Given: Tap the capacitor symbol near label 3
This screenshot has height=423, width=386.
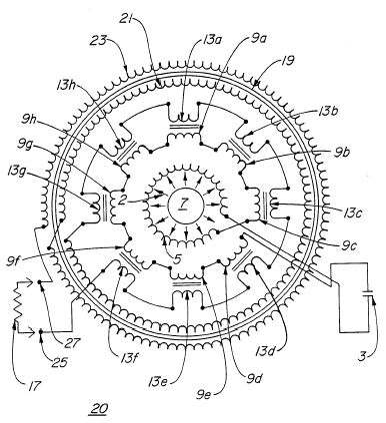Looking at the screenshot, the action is point(367,293).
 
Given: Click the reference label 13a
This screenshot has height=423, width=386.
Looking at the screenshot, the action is point(213,41).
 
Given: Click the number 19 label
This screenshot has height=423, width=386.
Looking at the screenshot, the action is point(287,61).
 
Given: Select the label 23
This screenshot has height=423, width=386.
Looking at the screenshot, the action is point(99,41).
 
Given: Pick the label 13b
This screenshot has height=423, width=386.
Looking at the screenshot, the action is point(328,112).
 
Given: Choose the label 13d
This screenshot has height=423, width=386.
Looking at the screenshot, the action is point(266,350).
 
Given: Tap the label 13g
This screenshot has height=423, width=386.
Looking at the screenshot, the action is point(16,173).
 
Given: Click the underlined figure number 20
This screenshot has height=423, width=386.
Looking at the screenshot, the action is point(98,408).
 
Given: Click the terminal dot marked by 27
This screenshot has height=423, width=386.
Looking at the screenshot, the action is point(39,282).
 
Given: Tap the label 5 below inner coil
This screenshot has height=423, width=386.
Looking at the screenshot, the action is point(178,258).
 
